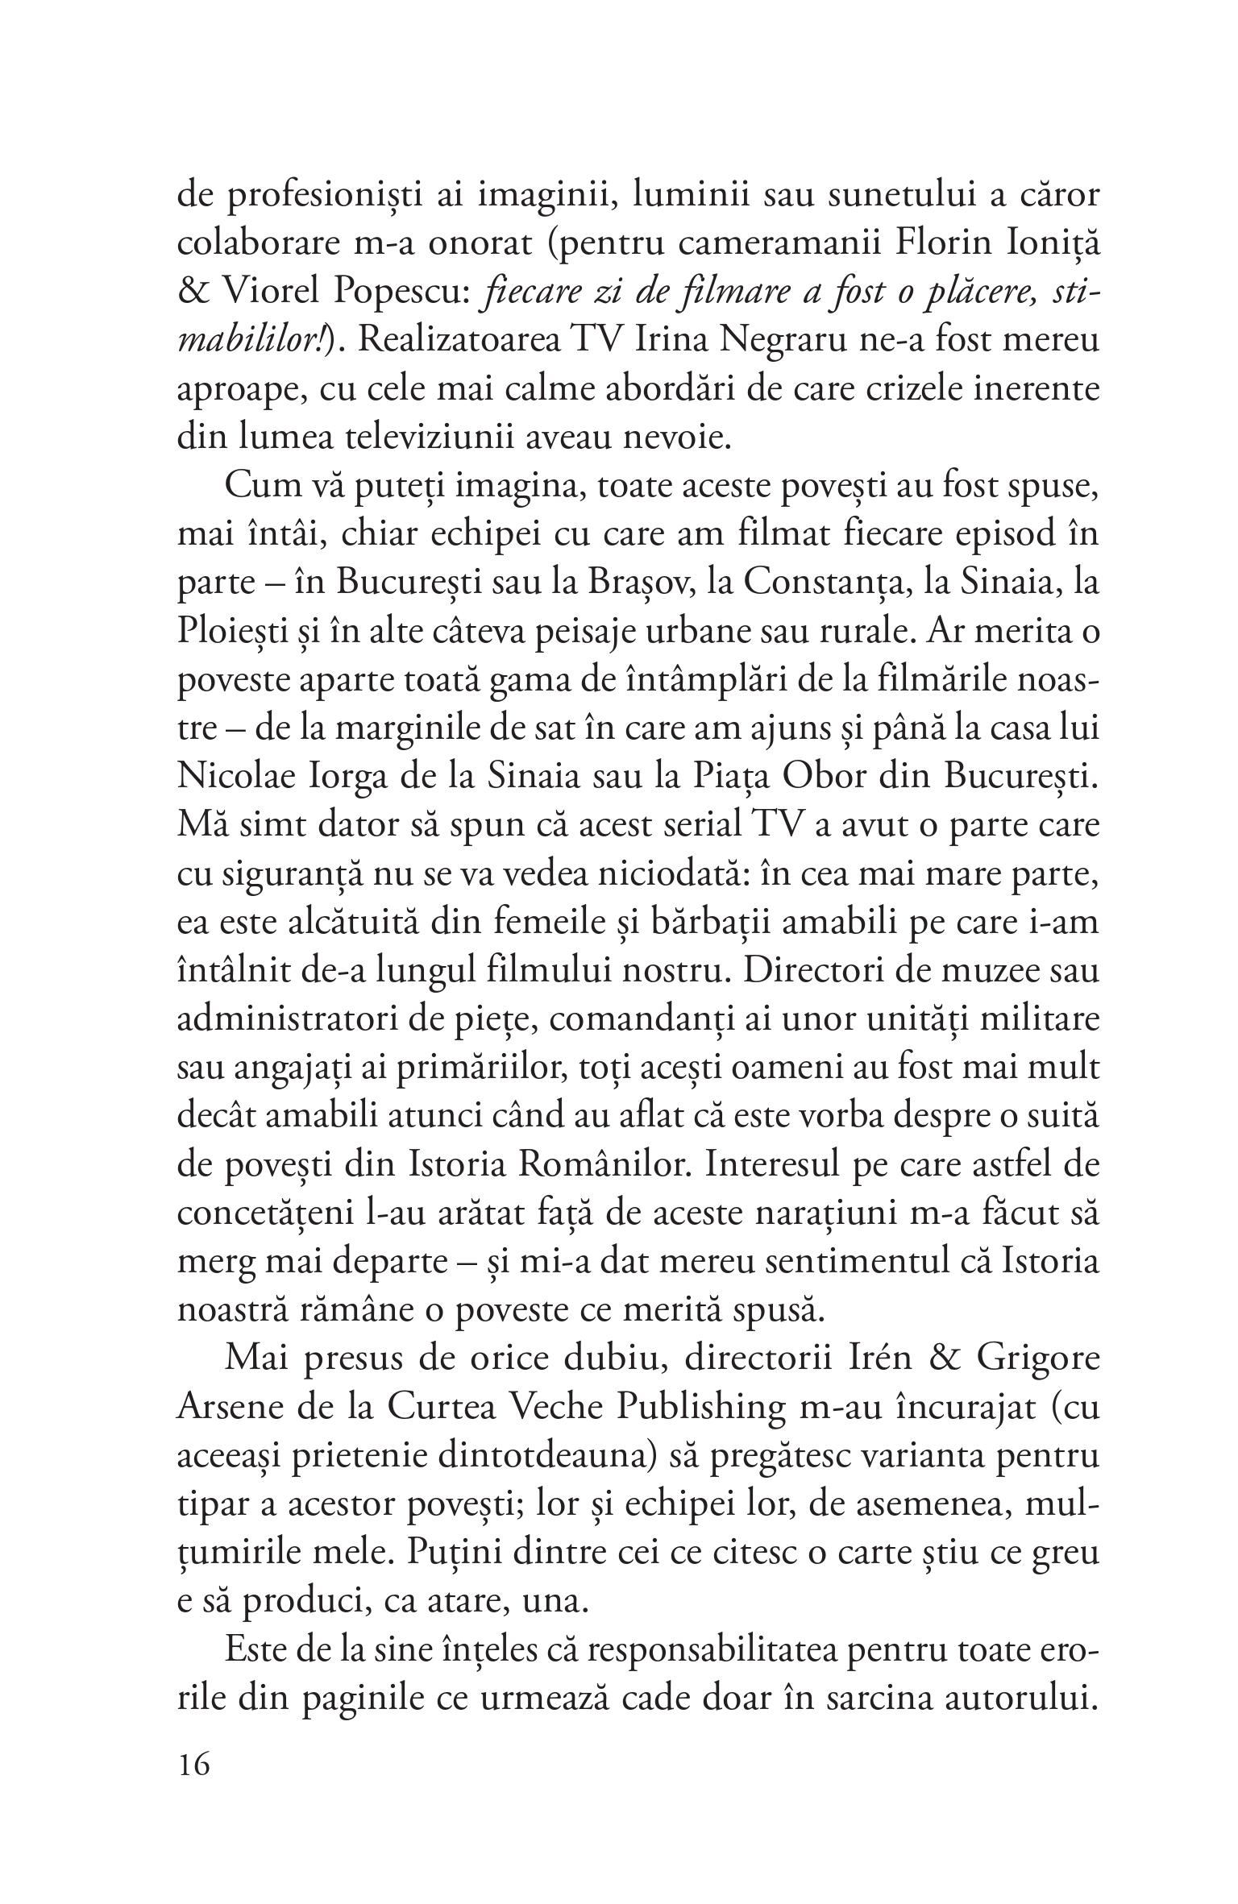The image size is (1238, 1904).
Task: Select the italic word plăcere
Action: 973,292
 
